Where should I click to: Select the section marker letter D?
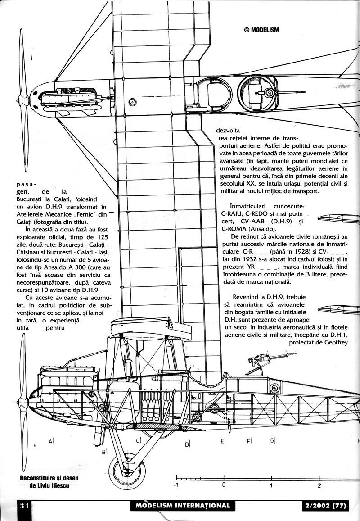tap(186, 444)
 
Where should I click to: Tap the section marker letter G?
tap(272, 440)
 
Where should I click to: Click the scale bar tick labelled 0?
tap(224, 485)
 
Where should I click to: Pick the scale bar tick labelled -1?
tap(177, 485)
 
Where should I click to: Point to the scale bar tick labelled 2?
tap(319, 485)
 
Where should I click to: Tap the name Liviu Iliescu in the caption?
tap(57, 487)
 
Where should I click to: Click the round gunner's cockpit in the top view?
tap(259, 95)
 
